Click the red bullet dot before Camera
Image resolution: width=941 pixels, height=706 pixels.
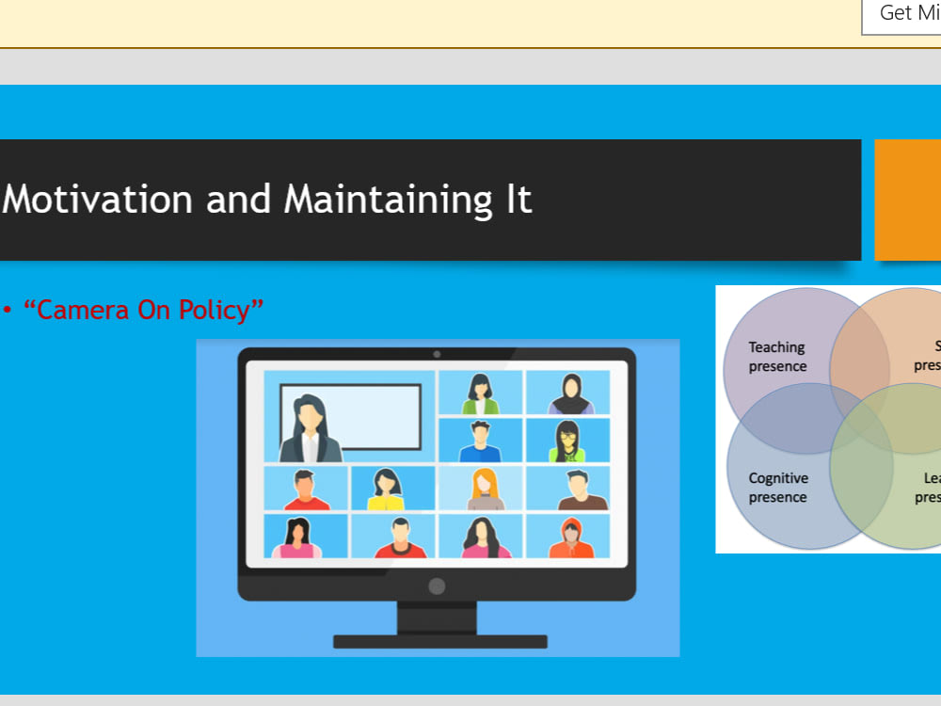8,310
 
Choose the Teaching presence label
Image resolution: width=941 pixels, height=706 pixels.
777,357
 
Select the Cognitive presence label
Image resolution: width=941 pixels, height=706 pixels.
777,488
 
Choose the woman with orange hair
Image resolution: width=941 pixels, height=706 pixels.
486,489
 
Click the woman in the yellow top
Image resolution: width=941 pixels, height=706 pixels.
386,489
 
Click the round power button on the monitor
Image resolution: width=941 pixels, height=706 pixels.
437,586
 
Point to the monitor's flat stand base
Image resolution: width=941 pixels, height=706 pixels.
439,642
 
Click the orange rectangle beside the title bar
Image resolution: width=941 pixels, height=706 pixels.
908,200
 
